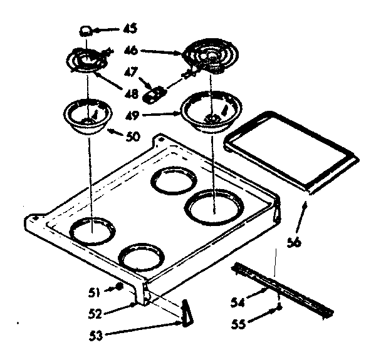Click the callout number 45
[130, 28]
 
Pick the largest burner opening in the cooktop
[212, 207]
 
